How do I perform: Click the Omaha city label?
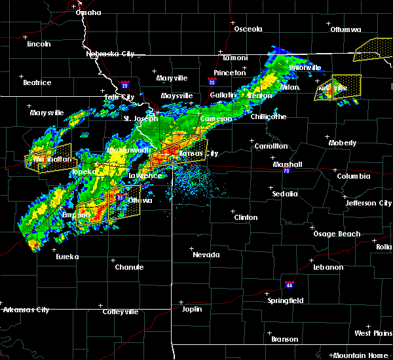[88, 12]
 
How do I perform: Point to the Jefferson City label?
[369, 203]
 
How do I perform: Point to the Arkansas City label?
[25, 310]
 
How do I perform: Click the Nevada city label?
[206, 255]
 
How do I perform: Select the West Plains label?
[371, 333]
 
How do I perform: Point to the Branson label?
[285, 339]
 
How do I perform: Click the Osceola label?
[248, 29]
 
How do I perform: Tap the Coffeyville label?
[120, 312]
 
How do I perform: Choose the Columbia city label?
[354, 176]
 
